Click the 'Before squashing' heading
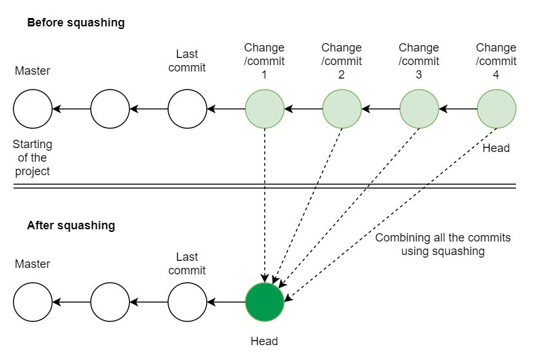tap(75, 23)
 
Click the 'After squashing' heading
tap(71, 225)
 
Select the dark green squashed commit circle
tap(264, 302)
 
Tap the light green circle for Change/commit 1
tap(264, 109)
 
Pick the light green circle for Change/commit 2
tap(341, 109)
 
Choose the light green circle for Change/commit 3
tap(419, 109)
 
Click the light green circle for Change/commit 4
tap(496, 109)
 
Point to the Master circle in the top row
tap(32, 109)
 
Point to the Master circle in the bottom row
tap(32, 302)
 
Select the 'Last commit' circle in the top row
tap(187, 109)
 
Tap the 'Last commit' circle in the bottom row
tap(187, 302)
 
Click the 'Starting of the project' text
tap(32, 158)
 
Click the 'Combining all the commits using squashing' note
tap(443, 245)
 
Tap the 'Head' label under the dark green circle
tap(264, 341)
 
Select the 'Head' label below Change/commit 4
tap(496, 148)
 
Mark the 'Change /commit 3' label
tap(419, 61)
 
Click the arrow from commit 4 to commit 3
tap(457, 109)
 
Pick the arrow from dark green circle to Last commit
tap(225, 302)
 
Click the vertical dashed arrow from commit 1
tap(264, 206)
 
